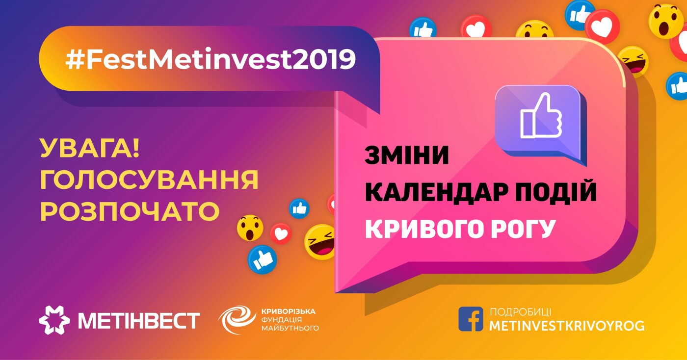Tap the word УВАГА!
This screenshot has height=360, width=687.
tap(90, 148)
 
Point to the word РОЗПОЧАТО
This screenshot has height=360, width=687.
tap(130, 211)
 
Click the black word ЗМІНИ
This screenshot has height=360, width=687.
tap(407, 155)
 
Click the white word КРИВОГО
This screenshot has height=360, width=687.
tap(424, 229)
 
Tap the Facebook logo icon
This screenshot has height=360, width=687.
tap(471, 319)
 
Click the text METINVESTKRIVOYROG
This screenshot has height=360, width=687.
tap(567, 326)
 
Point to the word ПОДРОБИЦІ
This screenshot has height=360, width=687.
tap(521, 312)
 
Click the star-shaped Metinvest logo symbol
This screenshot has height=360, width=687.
tap(54, 320)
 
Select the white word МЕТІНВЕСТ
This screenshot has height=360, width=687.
tap(139, 321)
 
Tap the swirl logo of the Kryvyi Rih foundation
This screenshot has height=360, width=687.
tap(237, 319)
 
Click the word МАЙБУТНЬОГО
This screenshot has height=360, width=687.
tap(290, 328)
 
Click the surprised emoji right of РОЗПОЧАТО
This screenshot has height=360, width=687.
tap(250, 228)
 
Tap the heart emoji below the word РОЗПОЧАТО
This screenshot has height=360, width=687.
tap(281, 233)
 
